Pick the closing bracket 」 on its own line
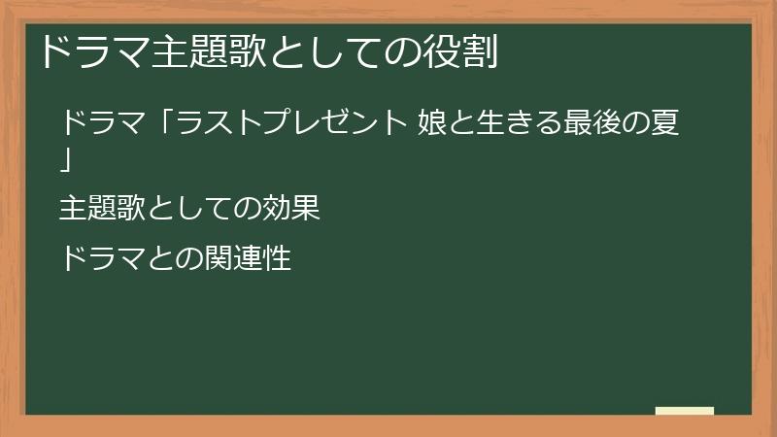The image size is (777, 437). point(65,158)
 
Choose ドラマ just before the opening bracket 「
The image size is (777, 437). point(103,124)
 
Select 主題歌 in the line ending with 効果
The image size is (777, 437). point(102,209)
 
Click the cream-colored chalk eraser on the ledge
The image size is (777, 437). point(684,411)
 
